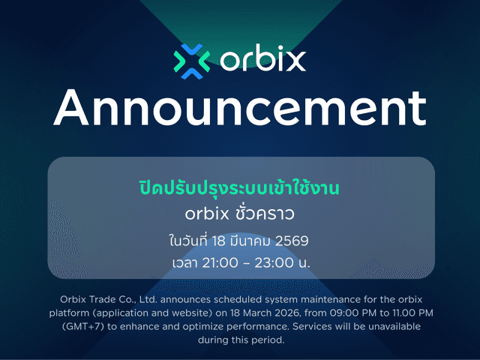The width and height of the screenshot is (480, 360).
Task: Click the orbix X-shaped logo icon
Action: tap(191, 61)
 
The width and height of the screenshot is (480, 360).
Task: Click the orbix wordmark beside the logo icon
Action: tap(263, 59)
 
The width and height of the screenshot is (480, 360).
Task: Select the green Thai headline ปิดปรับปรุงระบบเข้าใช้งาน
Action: tap(240, 187)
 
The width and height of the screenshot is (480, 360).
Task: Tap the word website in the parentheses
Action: tap(205, 312)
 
